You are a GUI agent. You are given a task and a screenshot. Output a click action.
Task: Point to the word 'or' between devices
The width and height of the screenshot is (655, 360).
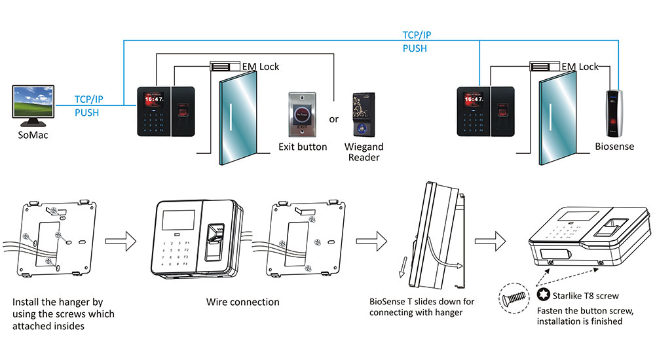click(333, 119)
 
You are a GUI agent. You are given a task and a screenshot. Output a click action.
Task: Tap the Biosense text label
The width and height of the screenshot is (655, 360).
click(614, 147)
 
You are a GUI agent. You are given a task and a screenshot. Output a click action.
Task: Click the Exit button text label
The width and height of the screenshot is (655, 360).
click(303, 147)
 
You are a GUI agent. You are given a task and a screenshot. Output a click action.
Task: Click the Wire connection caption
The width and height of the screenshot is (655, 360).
click(242, 302)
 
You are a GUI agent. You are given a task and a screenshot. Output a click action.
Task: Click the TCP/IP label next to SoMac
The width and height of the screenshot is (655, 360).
click(89, 100)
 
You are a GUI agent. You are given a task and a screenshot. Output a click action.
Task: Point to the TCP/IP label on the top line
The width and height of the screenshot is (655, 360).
click(417, 35)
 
